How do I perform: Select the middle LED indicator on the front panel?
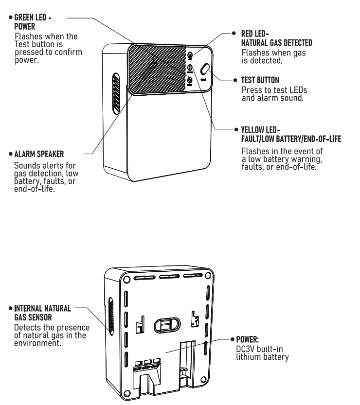click(x=190, y=68)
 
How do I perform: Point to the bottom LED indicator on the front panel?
click(x=190, y=80)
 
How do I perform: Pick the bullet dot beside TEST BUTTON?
click(x=231, y=79)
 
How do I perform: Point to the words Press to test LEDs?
click(x=274, y=91)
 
